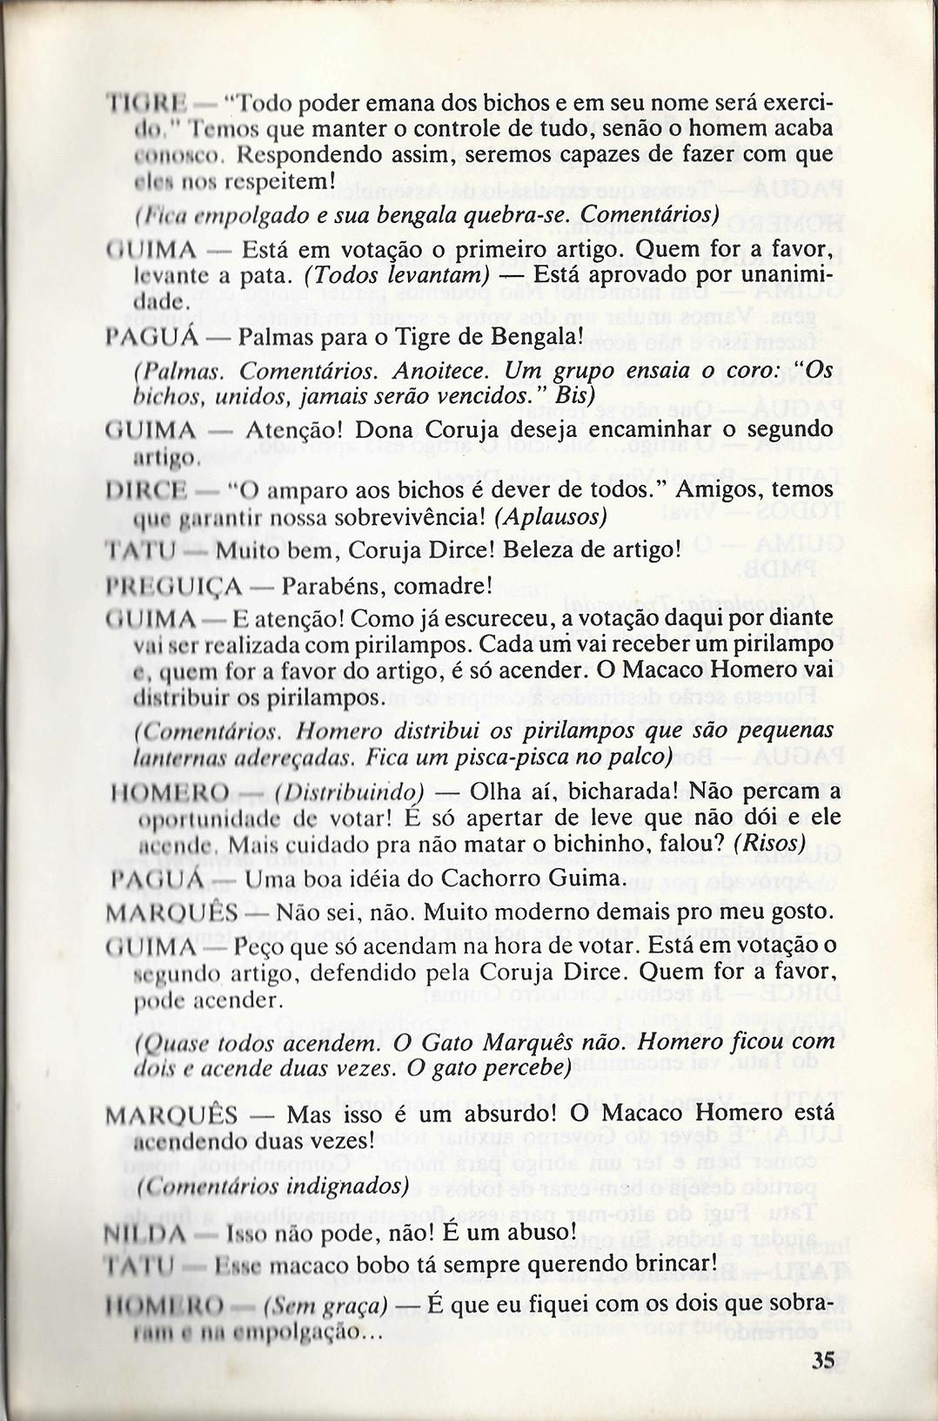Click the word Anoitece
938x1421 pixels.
coord(433,371)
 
